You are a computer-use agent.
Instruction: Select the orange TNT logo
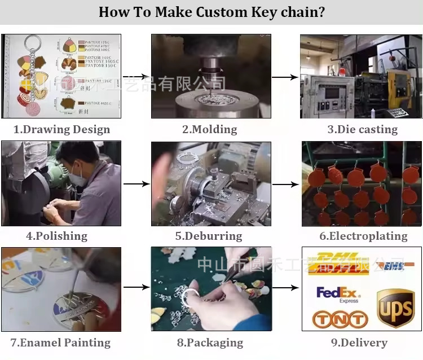[x=340, y=319]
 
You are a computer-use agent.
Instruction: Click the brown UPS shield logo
[x=395, y=308]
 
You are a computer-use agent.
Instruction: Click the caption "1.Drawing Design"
[x=61, y=129]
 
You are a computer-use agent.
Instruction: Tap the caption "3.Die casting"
[x=362, y=129]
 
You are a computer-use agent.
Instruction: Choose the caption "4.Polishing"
[x=56, y=236]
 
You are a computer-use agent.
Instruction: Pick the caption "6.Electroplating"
[x=363, y=236]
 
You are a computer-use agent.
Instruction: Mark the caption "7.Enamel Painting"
[x=60, y=343]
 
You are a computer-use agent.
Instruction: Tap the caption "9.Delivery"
[x=359, y=343]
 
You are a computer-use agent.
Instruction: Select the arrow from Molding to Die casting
[x=284, y=77]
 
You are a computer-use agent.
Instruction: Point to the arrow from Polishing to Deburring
[x=136, y=184]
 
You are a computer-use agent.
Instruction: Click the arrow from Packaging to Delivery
[x=285, y=288]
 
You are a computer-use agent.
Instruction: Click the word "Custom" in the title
[x=223, y=12]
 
